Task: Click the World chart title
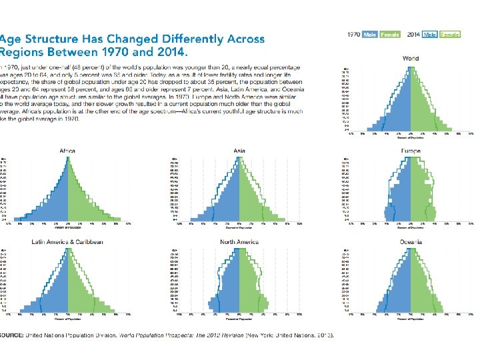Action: point(411,59)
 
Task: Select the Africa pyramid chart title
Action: point(67,150)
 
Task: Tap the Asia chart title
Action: point(239,151)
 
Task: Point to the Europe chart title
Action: point(411,151)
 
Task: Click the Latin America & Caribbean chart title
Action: point(67,241)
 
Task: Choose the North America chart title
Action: point(239,241)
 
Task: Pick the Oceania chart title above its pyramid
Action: point(411,241)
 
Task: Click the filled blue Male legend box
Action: point(370,34)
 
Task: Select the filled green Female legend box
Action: point(390,34)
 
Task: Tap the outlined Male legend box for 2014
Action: point(430,34)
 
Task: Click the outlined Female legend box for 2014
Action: point(450,34)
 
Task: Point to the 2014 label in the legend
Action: point(413,34)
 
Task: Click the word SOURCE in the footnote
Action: point(11,334)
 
